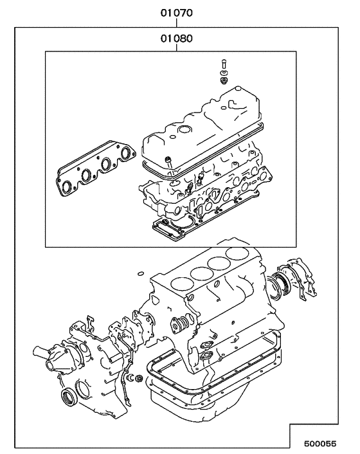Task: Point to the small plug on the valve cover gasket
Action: click(x=168, y=158)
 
